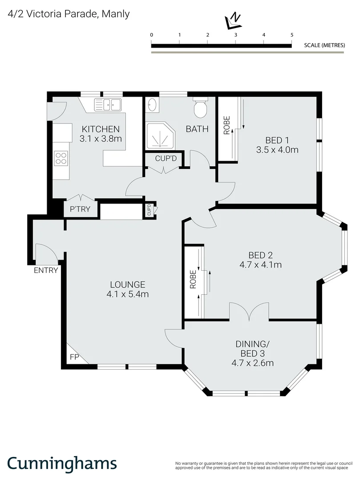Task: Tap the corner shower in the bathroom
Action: click(158, 135)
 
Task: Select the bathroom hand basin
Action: click(152, 106)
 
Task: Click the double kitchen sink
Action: click(108, 105)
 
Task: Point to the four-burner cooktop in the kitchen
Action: click(61, 158)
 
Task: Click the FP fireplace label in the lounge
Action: click(74, 357)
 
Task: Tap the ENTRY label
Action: click(46, 270)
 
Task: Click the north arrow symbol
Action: click(233, 19)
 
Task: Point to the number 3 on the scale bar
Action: click(235, 35)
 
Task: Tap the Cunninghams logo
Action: click(62, 463)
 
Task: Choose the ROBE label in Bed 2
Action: click(193, 280)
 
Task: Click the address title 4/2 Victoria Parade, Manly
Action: click(69, 14)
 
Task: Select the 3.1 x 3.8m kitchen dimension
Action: click(100, 139)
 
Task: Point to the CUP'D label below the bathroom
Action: click(166, 158)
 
